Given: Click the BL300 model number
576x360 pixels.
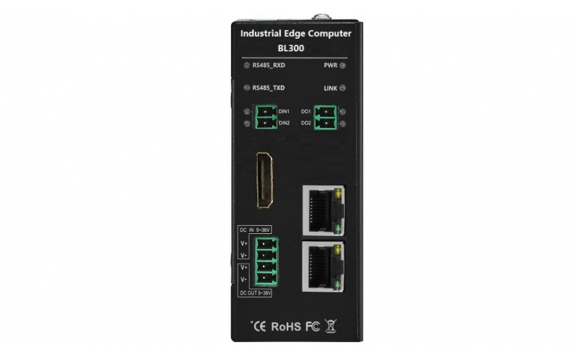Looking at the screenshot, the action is (291, 48).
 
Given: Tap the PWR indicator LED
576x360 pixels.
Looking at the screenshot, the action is (343, 66).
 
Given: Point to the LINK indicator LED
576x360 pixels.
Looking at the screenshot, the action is (343, 88).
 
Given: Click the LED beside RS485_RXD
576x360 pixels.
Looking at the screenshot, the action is (247, 66).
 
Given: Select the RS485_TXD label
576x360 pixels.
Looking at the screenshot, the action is (269, 88).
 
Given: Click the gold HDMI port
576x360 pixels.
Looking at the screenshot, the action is (264, 180).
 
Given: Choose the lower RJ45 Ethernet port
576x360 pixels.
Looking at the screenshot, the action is (323, 266).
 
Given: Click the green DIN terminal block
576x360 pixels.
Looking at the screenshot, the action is (265, 117).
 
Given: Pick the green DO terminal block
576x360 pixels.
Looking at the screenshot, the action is (325, 117).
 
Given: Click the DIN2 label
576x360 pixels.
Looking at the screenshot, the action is (284, 123).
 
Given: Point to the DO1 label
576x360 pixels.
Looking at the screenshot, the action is (306, 112).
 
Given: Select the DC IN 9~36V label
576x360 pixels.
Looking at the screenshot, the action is (255, 230).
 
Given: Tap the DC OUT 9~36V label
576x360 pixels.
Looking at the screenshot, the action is (255, 293).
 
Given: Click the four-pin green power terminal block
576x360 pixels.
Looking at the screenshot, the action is (266, 261).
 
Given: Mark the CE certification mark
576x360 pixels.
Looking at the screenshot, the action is (259, 327).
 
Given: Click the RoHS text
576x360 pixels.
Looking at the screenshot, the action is (286, 327).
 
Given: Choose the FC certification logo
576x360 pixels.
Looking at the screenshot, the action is (312, 327).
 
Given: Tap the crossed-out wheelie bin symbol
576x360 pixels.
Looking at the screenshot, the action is (330, 326).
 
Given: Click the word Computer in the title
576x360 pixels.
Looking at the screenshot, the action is (330, 34).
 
